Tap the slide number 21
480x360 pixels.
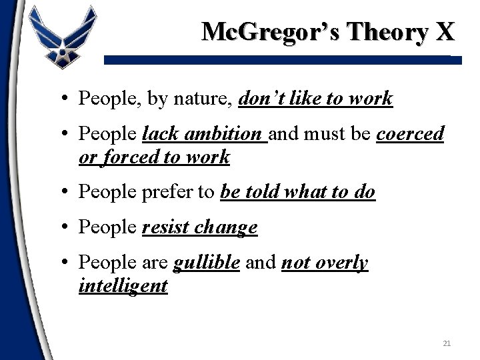tap(447, 343)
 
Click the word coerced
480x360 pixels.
tap(410, 134)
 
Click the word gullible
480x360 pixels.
tap(206, 263)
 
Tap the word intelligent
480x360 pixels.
tap(123, 287)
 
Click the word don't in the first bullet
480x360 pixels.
tap(261, 99)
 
